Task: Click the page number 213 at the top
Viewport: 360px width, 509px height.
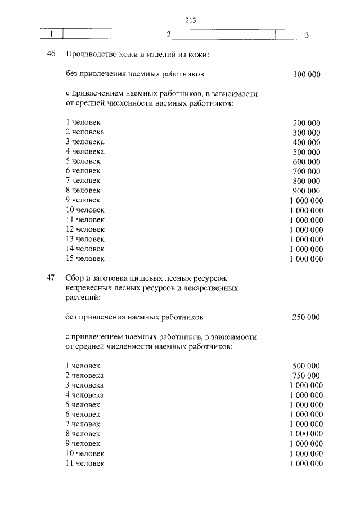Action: click(x=189, y=21)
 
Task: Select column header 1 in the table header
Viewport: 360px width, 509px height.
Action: click(x=51, y=35)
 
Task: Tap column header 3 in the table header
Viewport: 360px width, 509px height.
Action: click(x=307, y=35)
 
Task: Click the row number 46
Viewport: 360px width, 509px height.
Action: click(x=51, y=55)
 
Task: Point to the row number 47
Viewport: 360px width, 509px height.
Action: click(x=51, y=278)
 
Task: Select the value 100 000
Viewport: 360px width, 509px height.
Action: click(x=307, y=74)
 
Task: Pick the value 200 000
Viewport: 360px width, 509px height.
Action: click(x=307, y=123)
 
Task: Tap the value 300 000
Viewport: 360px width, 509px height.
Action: click(x=307, y=132)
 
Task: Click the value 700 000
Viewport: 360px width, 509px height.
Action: click(x=307, y=171)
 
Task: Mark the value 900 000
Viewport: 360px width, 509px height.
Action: click(x=307, y=191)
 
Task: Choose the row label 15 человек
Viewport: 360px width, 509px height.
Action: click(x=85, y=259)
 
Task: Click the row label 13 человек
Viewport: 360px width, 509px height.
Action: click(x=85, y=239)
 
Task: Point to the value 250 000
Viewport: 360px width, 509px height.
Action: click(x=306, y=317)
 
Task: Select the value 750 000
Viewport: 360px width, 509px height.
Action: click(x=307, y=376)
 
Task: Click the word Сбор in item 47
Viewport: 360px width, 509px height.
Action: click(x=75, y=278)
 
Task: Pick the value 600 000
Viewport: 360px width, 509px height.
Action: click(x=307, y=161)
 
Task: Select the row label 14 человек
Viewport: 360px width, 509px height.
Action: click(x=85, y=249)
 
